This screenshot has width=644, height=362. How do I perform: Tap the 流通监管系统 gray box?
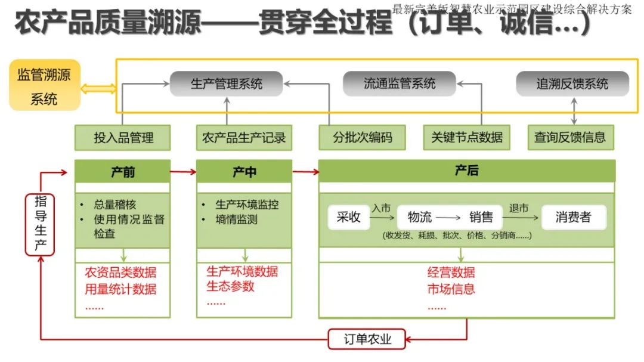click(x=400, y=84)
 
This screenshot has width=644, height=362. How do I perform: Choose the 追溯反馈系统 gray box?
click(x=572, y=84)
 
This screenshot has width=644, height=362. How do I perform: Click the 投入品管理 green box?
click(x=123, y=138)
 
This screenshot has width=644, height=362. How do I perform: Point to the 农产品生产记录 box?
click(x=244, y=138)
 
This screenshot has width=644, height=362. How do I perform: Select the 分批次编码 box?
click(x=363, y=138)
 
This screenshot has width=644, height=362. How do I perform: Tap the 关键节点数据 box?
click(x=467, y=138)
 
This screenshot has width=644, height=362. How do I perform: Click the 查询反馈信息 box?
click(x=571, y=138)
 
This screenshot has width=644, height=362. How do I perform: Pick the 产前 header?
click(x=123, y=172)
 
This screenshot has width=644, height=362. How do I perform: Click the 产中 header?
click(x=244, y=172)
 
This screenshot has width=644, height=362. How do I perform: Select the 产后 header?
click(x=466, y=171)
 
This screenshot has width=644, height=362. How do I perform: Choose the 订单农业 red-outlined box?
click(x=367, y=339)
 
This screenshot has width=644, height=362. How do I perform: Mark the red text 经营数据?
click(x=451, y=273)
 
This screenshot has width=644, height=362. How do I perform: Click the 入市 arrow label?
click(x=381, y=209)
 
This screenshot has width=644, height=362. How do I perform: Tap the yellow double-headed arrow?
click(x=98, y=89)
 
